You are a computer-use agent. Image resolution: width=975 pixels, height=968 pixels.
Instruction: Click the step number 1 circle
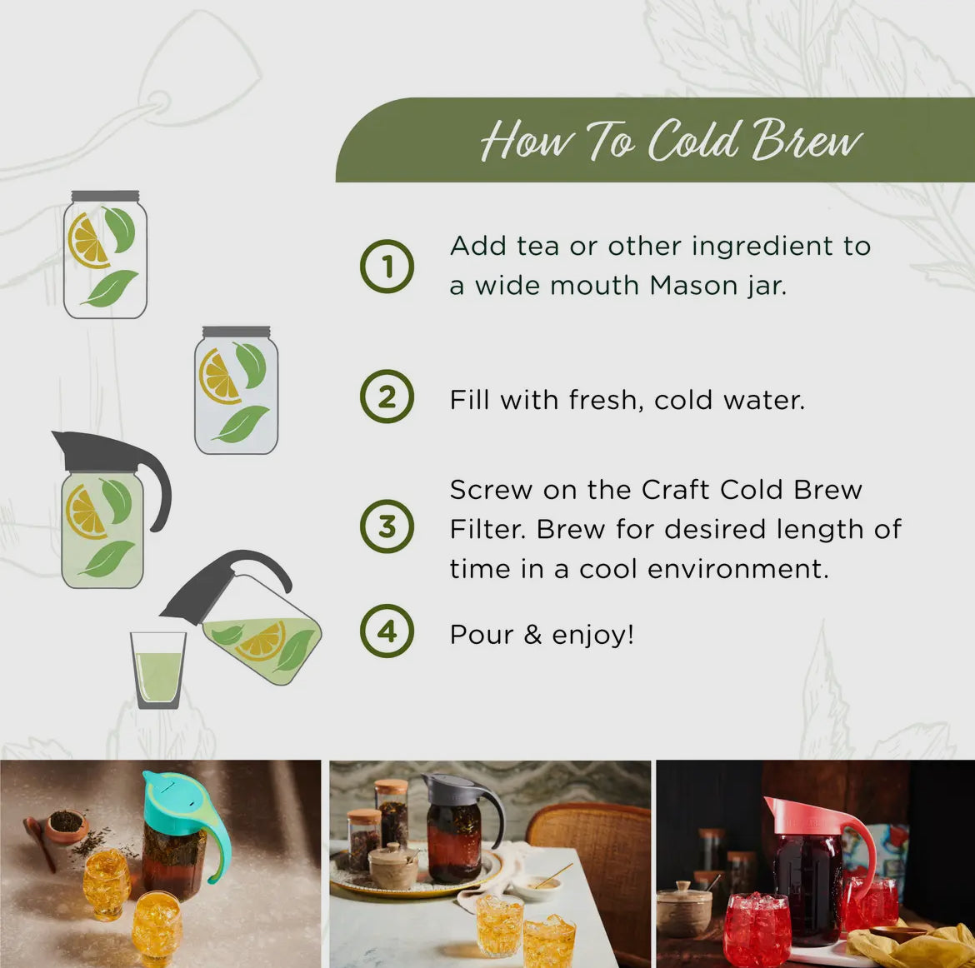pyautogui.click(x=387, y=267)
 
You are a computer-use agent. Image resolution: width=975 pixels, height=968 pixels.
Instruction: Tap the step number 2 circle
pyautogui.click(x=387, y=397)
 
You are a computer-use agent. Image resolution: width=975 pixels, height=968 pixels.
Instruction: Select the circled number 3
pyautogui.click(x=387, y=526)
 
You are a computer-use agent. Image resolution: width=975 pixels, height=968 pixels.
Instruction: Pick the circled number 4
pyautogui.click(x=387, y=631)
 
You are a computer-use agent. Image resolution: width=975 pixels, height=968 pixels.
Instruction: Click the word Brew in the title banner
pyautogui.click(x=806, y=140)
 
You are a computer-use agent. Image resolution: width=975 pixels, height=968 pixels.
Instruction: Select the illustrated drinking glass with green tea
pyautogui.click(x=158, y=671)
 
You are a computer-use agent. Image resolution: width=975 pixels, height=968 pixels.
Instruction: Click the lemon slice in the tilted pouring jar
pyautogui.click(x=261, y=641)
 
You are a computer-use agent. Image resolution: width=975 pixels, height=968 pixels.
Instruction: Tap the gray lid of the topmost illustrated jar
pyautogui.click(x=105, y=197)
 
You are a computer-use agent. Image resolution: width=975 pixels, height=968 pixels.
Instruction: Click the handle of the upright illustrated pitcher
pyautogui.click(x=158, y=491)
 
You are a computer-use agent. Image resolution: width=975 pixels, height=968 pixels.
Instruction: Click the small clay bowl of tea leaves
pyautogui.click(x=67, y=825)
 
